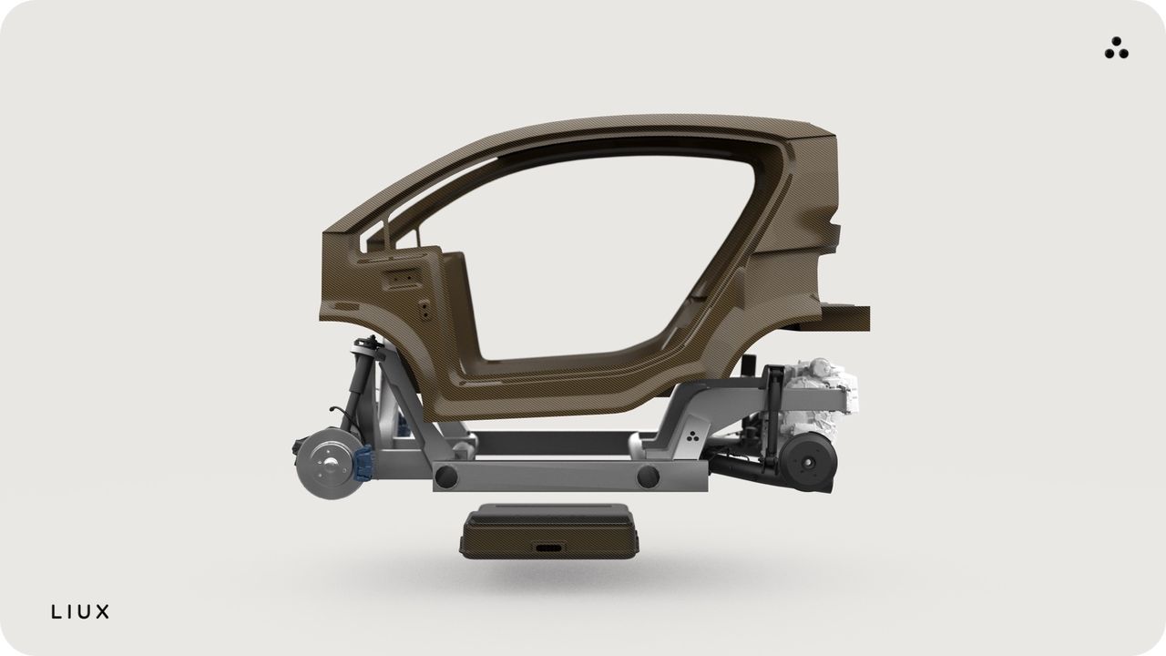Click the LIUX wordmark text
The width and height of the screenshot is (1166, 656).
tap(80, 611)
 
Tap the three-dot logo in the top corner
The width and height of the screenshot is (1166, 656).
tap(1116, 48)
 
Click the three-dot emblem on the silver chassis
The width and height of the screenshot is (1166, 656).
tap(692, 436)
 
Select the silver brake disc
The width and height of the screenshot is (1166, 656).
tap(329, 464)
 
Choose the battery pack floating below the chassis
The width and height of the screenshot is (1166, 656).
tap(549, 531)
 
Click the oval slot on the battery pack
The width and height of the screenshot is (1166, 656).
tap(549, 548)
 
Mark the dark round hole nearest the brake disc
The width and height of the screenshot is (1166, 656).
tap(446, 477)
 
